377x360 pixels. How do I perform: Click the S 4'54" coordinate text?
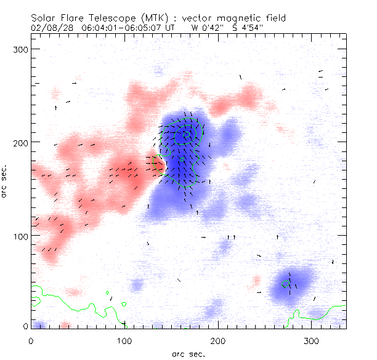[x=249, y=28]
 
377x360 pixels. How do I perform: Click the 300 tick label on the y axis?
[x=22, y=49]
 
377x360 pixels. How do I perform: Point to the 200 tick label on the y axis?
[x=22, y=142]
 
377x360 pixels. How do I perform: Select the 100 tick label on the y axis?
[x=22, y=236]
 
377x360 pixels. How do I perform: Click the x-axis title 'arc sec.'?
[x=188, y=353]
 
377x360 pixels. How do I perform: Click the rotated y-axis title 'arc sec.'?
[x=5, y=181]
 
